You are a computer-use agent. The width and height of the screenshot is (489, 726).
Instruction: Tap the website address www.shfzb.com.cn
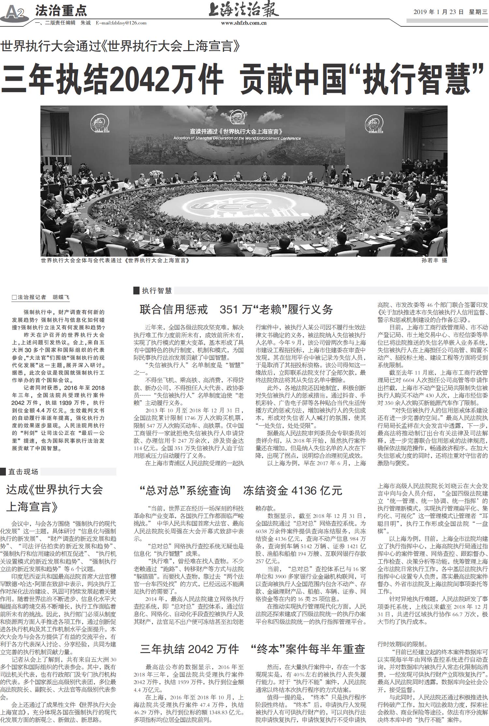point(244,23)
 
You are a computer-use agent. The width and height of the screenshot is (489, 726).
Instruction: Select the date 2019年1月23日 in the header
point(438,12)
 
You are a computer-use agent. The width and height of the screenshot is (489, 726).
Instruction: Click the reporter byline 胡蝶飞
point(61,297)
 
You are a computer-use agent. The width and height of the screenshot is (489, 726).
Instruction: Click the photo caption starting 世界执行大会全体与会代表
point(115,261)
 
